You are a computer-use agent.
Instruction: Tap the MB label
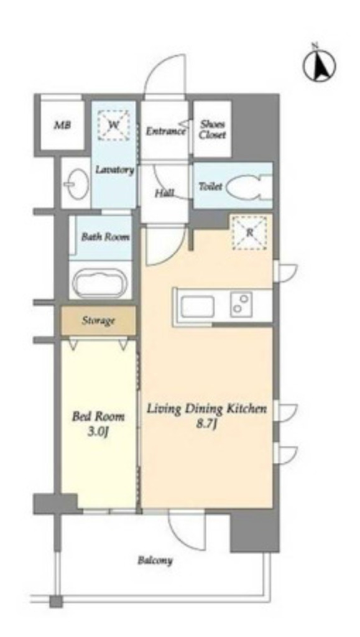[63, 125]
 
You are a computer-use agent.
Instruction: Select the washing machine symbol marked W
[114, 125]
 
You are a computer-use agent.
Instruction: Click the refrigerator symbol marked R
[249, 233]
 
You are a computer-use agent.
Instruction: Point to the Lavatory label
[114, 170]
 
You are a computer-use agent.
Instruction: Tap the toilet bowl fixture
[248, 187]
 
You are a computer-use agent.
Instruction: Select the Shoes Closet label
[212, 129]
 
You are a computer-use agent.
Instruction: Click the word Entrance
[165, 131]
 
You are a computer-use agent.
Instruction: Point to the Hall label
[164, 193]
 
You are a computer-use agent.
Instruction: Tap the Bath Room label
[105, 237]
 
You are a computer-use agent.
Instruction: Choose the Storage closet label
[98, 321]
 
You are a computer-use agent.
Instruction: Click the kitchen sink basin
[198, 307]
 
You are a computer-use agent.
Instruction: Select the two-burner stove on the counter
[241, 304]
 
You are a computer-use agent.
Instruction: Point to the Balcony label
[155, 561]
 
